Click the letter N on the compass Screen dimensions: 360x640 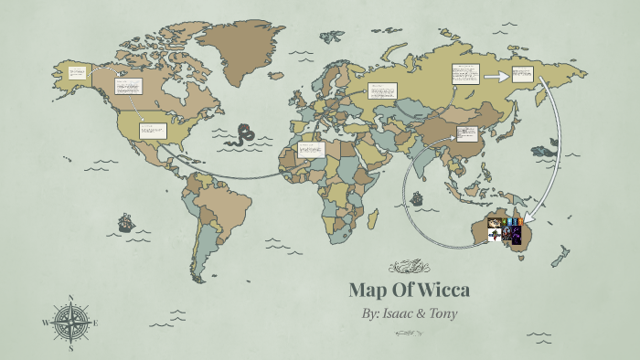(x=70, y=299)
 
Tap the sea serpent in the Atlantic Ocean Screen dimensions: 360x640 (x=244, y=135)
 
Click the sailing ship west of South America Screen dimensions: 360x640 (x=123, y=223)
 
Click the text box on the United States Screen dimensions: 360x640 (x=152, y=131)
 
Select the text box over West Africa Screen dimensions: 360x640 (x=311, y=149)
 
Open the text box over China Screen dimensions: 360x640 (x=466, y=134)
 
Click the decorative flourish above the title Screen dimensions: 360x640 (x=408, y=267)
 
